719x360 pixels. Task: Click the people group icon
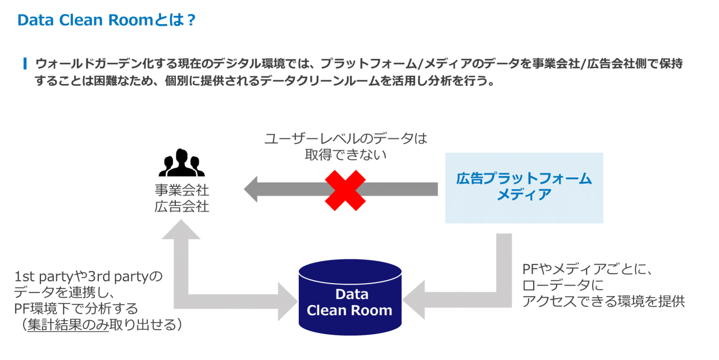pos(181,163)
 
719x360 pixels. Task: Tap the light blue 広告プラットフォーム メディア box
pos(524,188)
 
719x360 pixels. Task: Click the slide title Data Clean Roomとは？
pos(107,20)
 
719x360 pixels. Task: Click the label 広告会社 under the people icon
pos(181,207)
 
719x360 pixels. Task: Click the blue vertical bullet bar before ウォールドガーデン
pos(25,63)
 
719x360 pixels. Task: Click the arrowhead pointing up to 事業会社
pos(181,229)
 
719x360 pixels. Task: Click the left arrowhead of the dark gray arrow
pos(252,189)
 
